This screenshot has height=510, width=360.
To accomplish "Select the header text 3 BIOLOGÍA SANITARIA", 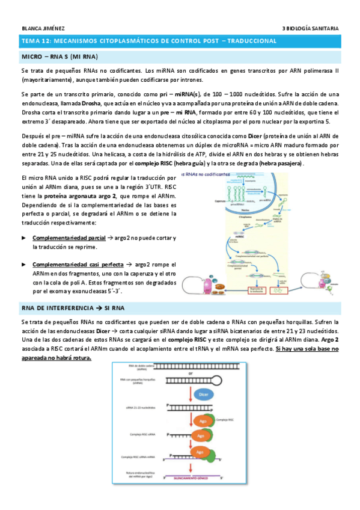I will (310, 28).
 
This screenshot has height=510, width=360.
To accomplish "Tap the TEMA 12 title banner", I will (148, 41).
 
